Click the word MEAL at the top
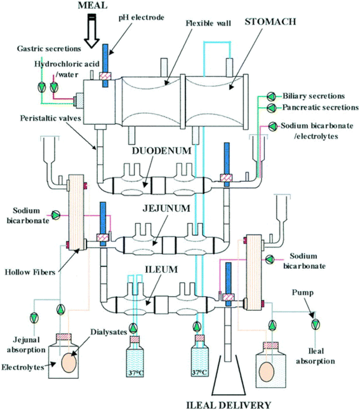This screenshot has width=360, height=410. (x=93, y=6)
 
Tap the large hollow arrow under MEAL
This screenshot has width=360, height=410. (x=91, y=31)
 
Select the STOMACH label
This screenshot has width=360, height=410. (x=270, y=22)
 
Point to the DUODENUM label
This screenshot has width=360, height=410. (x=161, y=151)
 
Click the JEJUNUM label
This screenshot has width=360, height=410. (x=166, y=208)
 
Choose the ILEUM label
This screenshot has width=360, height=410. (x=161, y=270)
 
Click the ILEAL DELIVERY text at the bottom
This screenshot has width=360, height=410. (x=229, y=405)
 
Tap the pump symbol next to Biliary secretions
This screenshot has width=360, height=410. (x=271, y=97)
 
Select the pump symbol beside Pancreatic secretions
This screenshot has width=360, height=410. (x=271, y=107)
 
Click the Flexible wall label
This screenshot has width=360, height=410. (x=208, y=24)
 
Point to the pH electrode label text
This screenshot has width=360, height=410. (x=142, y=18)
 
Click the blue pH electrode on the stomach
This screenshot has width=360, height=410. (x=105, y=65)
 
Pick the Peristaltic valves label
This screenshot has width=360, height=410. (x=51, y=118)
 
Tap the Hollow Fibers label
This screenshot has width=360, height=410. (x=30, y=272)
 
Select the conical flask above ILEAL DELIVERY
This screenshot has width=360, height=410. (x=229, y=374)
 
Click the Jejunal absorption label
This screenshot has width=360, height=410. (x=26, y=345)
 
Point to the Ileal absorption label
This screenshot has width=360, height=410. (x=316, y=356)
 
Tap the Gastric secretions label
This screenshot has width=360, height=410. (x=49, y=49)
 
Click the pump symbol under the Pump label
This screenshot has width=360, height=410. (x=316, y=324)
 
